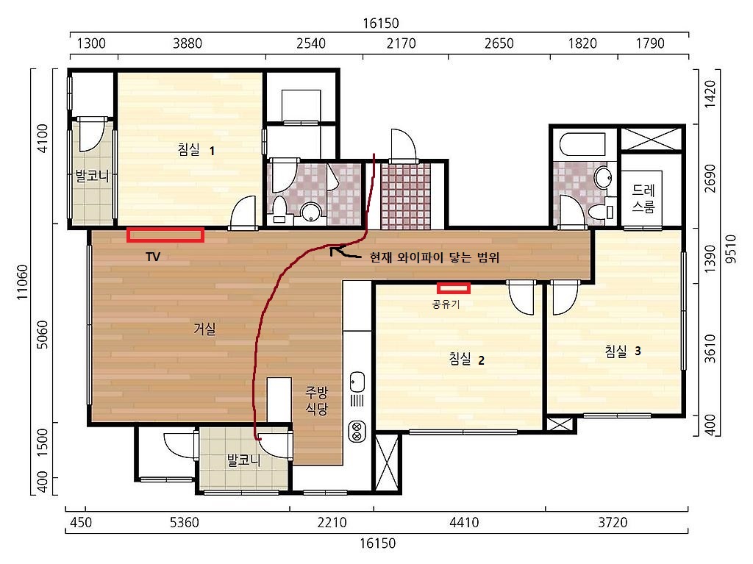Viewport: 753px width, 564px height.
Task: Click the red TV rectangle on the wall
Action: tap(165, 235)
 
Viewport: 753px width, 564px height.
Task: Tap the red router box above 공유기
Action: tap(453, 288)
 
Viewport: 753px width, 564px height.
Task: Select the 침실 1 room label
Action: tap(196, 150)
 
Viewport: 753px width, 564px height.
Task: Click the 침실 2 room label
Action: tap(466, 359)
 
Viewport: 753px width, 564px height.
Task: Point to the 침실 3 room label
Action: tap(623, 351)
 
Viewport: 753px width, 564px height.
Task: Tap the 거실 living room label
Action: tap(204, 329)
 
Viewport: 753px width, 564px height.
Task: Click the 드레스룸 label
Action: tap(643, 199)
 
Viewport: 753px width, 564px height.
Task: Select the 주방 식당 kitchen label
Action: tap(316, 401)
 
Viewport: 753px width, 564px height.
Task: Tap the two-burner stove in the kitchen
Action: tap(357, 431)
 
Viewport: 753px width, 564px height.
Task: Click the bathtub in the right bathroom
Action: tap(582, 144)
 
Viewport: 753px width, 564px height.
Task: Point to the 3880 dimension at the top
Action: tap(188, 43)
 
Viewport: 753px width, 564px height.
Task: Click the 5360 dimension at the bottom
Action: tap(185, 522)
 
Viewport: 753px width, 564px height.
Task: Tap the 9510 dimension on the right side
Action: tap(730, 249)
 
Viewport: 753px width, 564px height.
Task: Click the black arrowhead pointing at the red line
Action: tap(335, 250)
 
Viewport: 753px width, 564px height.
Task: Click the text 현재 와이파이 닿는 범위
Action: tap(435, 257)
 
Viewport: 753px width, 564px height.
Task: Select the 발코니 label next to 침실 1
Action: tap(92, 176)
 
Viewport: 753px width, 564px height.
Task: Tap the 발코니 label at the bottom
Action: tap(244, 460)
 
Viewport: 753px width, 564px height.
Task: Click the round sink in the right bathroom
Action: tap(603, 177)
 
